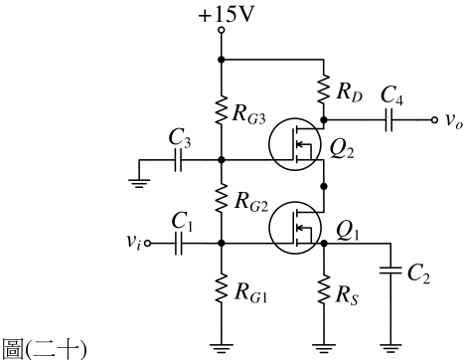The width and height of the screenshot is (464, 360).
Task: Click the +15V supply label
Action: [227, 15]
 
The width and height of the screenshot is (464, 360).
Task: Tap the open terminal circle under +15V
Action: [222, 30]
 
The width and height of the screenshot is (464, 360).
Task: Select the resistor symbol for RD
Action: [324, 90]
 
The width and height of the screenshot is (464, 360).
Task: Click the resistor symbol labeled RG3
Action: [222, 110]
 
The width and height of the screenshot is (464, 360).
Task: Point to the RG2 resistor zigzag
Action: [222, 199]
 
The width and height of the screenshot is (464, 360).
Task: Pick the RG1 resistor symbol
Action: [222, 287]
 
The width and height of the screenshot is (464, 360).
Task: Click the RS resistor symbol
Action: [324, 288]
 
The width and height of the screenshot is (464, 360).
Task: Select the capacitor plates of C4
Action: [389, 119]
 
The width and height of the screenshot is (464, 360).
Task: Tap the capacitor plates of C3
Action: [178, 160]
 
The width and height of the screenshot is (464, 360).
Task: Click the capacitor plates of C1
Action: [178, 244]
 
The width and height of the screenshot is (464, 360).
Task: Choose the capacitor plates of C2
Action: [390, 270]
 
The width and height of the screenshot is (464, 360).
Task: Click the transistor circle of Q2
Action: [295, 144]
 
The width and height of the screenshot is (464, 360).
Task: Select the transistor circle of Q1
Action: [295, 228]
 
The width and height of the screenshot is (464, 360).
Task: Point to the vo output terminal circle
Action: [434, 119]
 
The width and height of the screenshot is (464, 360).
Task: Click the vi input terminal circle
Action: [148, 244]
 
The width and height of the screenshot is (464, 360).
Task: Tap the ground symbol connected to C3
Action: [139, 184]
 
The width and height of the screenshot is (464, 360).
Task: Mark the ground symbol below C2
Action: [390, 349]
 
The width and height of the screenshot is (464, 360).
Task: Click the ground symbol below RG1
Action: [222, 349]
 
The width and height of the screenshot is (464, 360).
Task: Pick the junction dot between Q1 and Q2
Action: [324, 186]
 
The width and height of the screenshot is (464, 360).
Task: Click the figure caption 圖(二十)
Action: [45, 349]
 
